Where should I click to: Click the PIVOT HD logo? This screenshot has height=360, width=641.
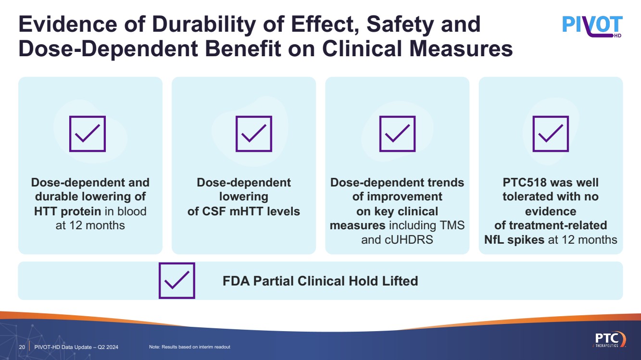tap(592, 26)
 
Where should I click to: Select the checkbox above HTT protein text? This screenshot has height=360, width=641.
tap(88, 134)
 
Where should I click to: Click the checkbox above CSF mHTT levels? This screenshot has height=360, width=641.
tap(253, 134)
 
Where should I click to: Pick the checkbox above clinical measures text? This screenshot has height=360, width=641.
tap(397, 134)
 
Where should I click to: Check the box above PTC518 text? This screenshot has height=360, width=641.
tap(551, 134)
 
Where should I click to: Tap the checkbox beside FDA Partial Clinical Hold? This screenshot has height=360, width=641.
tap(177, 281)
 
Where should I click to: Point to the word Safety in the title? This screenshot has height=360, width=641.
tap(397, 25)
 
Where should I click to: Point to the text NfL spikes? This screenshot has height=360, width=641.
tap(514, 239)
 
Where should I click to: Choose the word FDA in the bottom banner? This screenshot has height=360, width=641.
tap(236, 281)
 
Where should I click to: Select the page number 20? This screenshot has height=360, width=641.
tap(22, 347)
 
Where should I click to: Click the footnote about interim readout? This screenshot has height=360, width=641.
tap(189, 347)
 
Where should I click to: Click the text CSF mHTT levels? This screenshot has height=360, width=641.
tap(244, 211)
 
